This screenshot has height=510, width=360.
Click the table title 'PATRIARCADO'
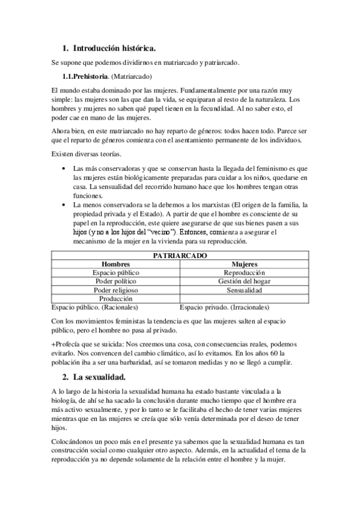tap(179, 256)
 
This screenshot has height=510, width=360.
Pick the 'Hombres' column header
tap(116, 264)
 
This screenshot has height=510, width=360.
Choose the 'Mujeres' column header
tap(244, 264)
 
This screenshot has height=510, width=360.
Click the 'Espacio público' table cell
tap(116, 272)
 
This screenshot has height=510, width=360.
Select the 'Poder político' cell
tap(116, 281)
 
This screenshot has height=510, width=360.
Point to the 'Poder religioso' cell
tap(116, 289)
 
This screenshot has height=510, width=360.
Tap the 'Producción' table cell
tap(116, 298)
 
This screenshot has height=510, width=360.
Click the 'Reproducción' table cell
tap(244, 272)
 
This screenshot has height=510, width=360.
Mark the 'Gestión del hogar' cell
tap(244, 281)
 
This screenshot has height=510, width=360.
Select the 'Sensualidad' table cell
tap(244, 289)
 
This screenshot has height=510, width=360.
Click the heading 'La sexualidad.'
tap(99, 377)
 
